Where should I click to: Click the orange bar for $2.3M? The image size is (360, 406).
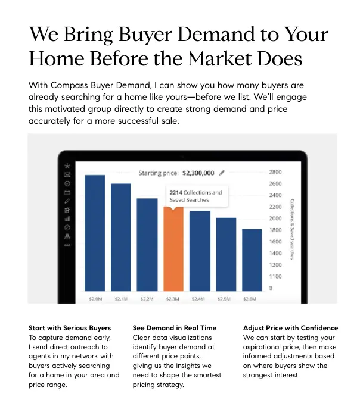(x=173, y=250)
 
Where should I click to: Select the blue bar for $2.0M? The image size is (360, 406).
(x=95, y=232)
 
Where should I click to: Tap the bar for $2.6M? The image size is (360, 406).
(x=252, y=259)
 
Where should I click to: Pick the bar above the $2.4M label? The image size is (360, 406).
(x=200, y=250)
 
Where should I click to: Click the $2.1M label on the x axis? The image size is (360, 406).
(x=121, y=298)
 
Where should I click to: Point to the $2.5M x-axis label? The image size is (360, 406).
(x=226, y=298)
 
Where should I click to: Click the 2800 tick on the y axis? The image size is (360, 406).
(x=275, y=172)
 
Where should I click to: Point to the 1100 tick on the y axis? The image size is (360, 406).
(x=275, y=276)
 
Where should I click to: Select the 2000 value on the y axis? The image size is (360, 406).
(x=275, y=218)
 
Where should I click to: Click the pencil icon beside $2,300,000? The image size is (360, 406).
(x=222, y=173)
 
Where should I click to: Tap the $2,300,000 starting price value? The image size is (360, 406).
(x=198, y=173)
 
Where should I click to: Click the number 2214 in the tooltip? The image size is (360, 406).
(x=175, y=193)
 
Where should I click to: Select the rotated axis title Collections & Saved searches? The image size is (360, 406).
(x=292, y=229)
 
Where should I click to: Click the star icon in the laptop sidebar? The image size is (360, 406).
(x=67, y=165)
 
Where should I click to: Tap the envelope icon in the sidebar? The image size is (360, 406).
(x=67, y=174)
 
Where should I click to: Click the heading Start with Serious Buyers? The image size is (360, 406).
(x=70, y=328)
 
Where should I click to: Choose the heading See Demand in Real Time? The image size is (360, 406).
(x=175, y=328)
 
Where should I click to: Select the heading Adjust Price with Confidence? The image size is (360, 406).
(x=290, y=328)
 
